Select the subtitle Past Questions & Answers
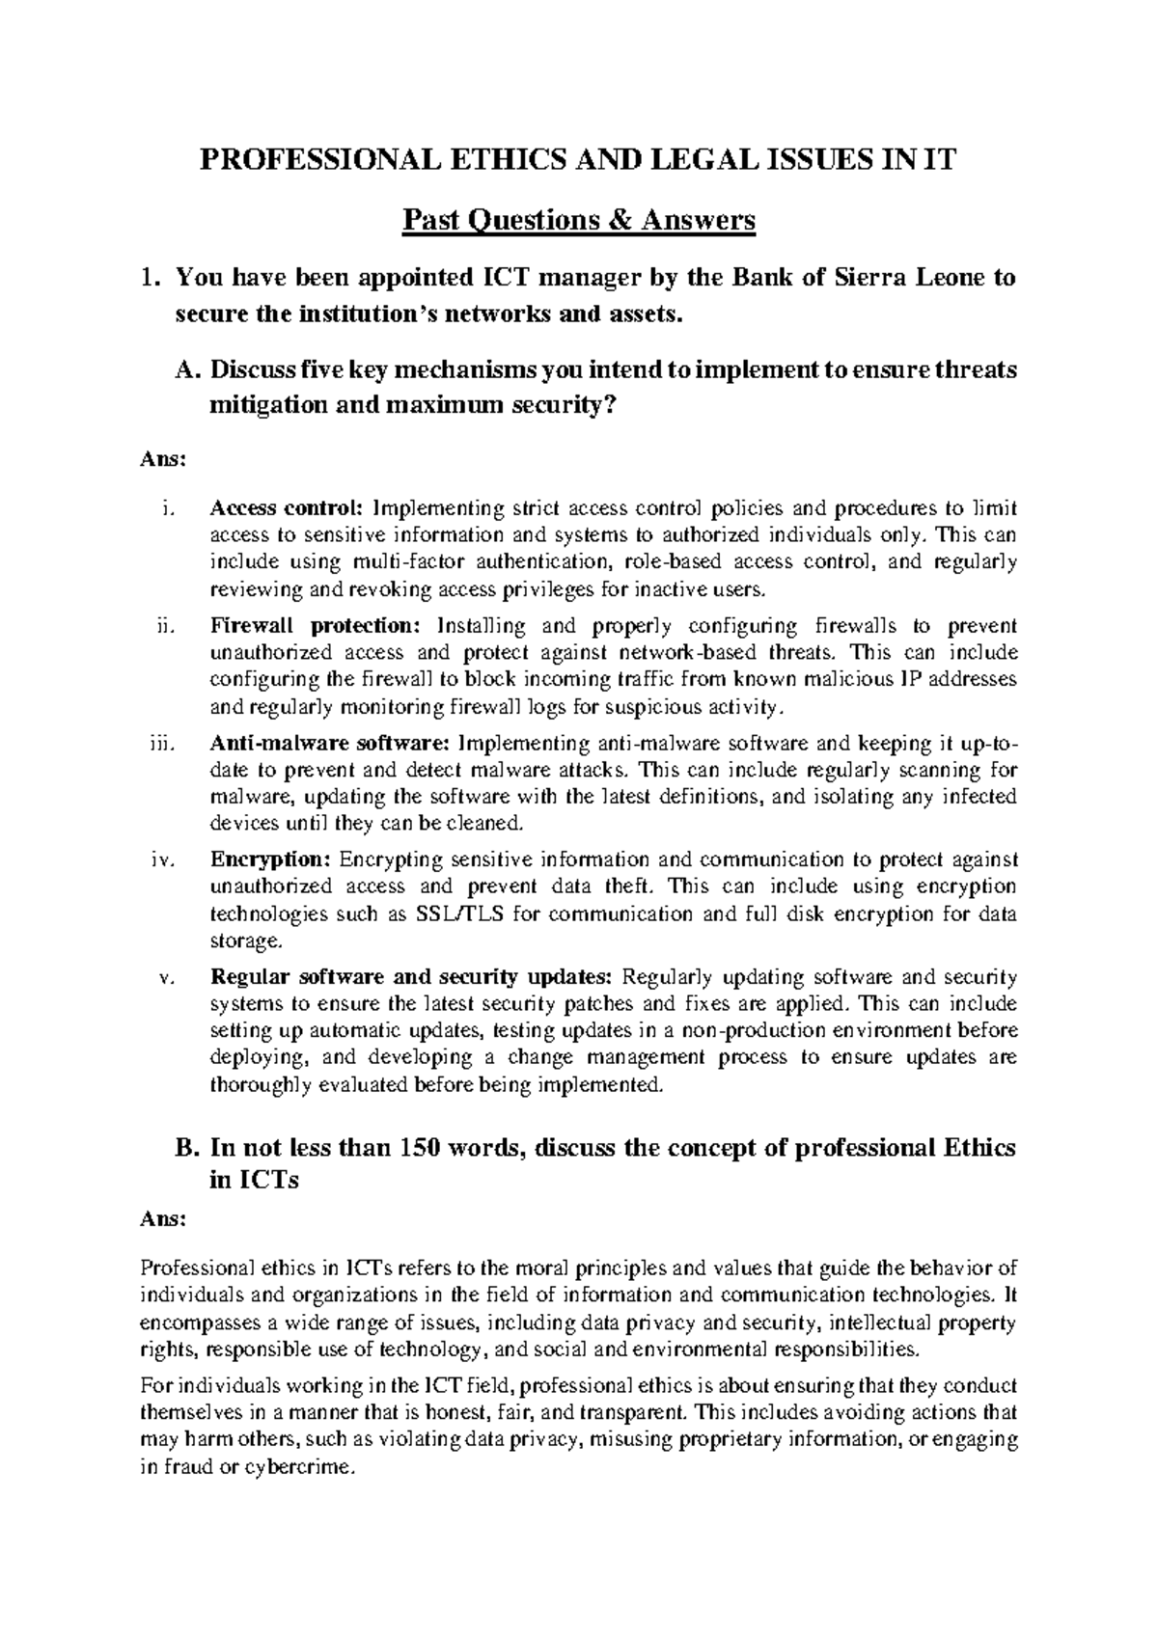tap(578, 222)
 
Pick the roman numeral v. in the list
tap(165, 978)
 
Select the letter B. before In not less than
tap(187, 1149)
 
